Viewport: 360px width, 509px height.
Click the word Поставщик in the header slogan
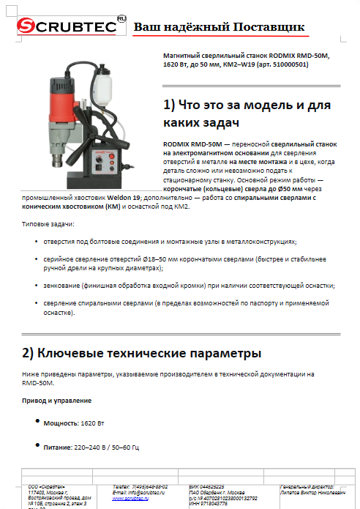[266, 27]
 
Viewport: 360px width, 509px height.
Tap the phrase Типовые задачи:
[48, 223]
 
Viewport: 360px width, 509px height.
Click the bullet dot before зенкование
[37, 286]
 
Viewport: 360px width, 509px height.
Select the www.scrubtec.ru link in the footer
[130, 498]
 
